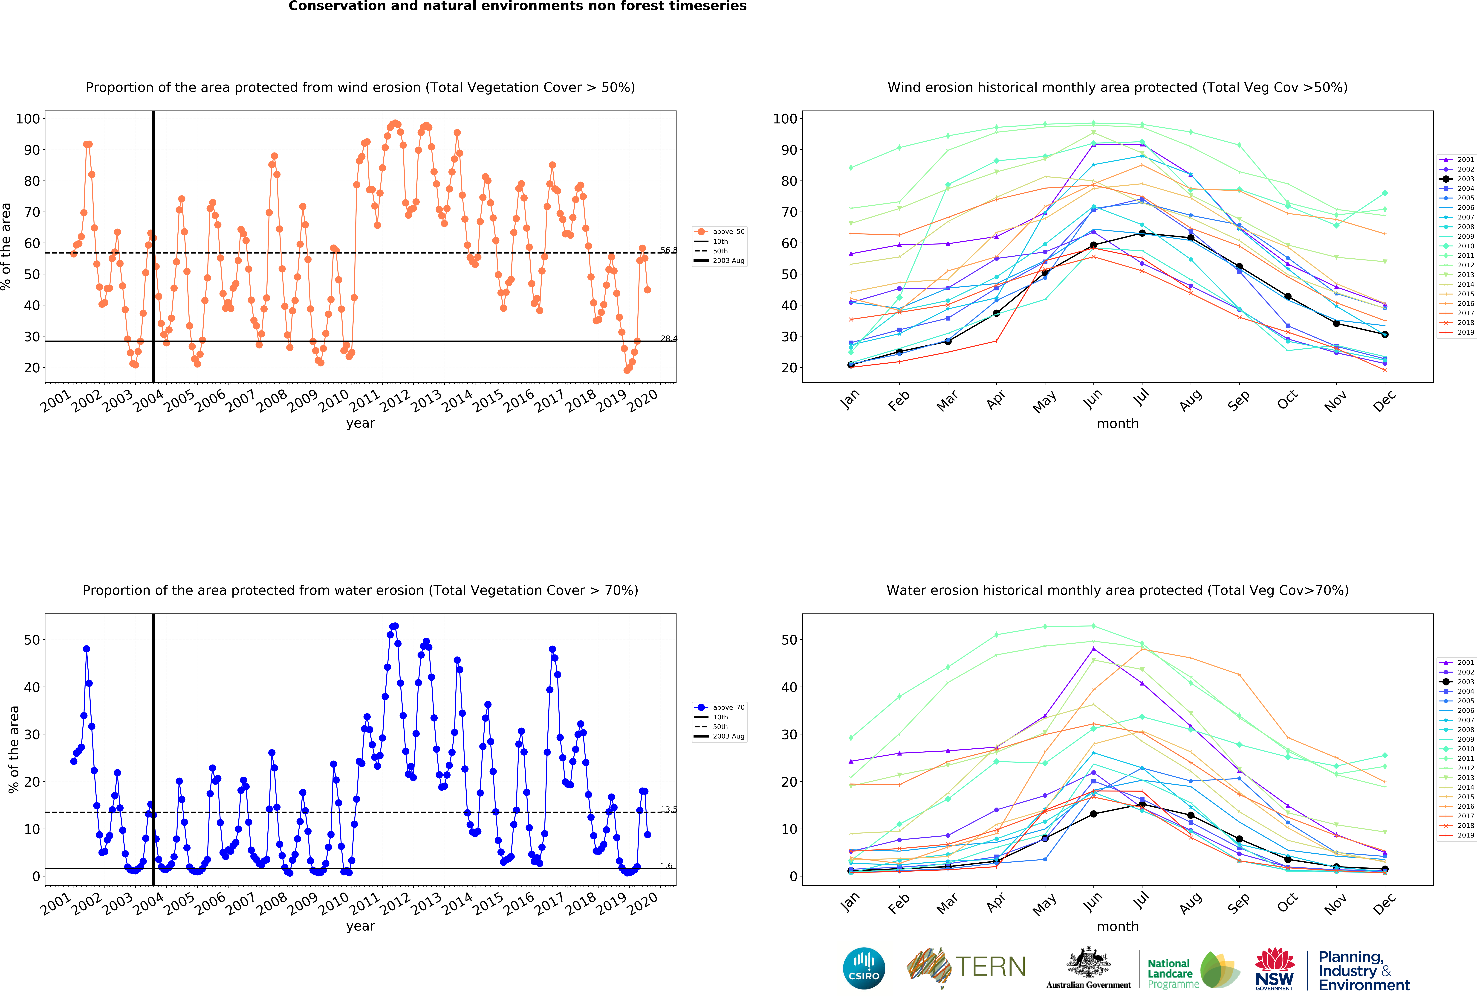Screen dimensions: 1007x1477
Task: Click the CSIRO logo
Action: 864,968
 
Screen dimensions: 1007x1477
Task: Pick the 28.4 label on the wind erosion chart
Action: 669,338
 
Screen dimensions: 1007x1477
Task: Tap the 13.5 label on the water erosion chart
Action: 669,809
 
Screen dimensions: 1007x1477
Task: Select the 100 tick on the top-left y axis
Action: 28,119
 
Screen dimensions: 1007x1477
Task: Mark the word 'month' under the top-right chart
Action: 1117,423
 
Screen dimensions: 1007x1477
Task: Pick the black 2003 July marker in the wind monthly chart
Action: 1142,233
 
